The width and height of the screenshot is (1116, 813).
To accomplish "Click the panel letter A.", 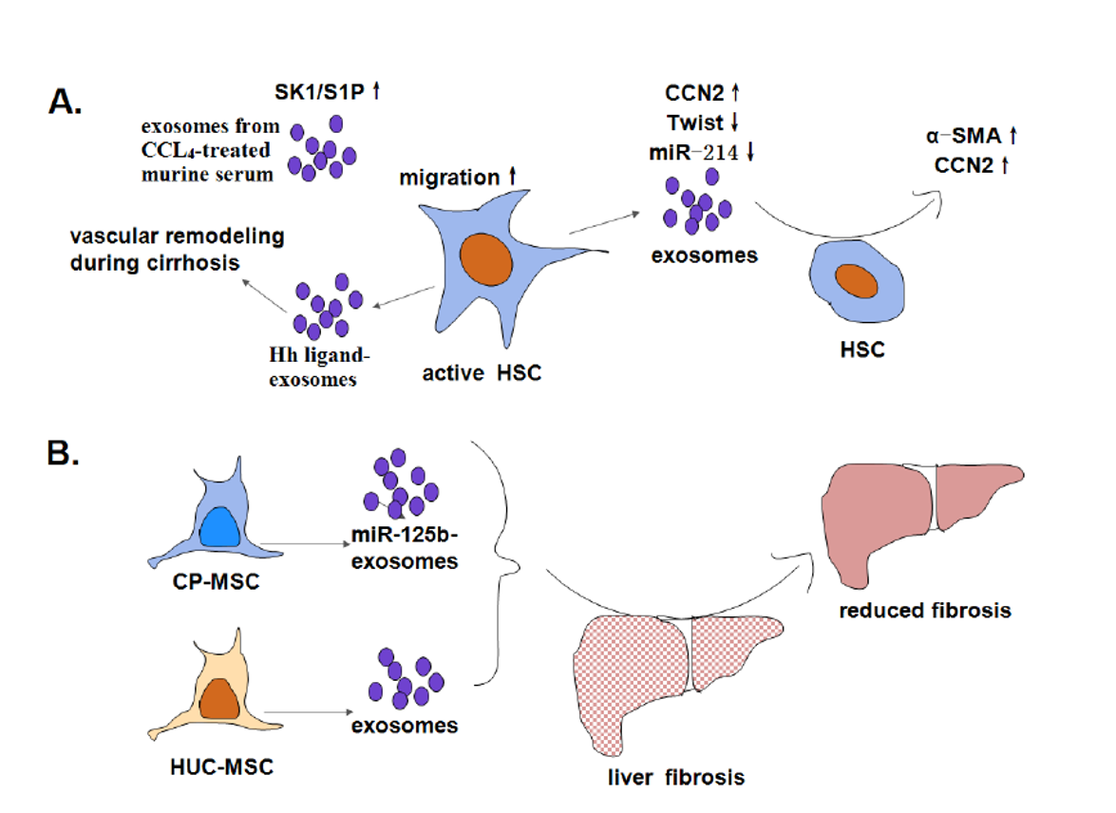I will point(65,102).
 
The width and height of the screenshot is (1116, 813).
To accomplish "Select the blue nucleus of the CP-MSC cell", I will point(220,527).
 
